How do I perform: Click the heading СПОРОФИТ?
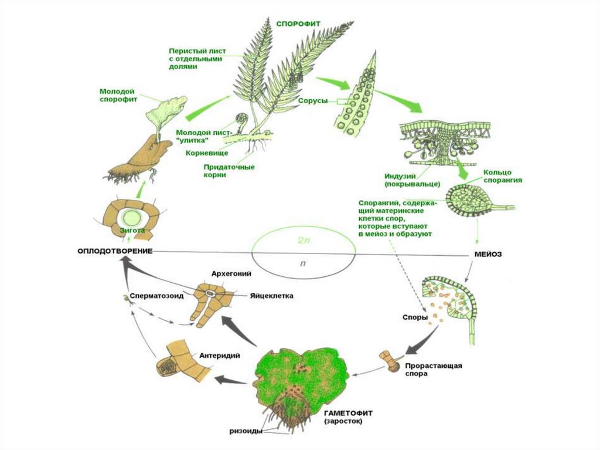click(x=298, y=24)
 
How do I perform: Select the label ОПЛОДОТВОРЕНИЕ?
click(x=115, y=251)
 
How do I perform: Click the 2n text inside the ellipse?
click(x=304, y=241)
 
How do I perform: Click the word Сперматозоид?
click(x=156, y=296)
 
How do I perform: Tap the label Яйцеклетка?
click(x=272, y=296)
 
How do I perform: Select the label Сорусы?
click(x=313, y=101)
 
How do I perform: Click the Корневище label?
click(x=207, y=153)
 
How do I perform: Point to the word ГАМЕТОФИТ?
click(x=348, y=414)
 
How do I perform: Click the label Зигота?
click(x=132, y=231)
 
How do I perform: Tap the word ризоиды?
click(x=246, y=431)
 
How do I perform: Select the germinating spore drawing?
click(x=391, y=361)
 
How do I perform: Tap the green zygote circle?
click(x=132, y=218)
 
